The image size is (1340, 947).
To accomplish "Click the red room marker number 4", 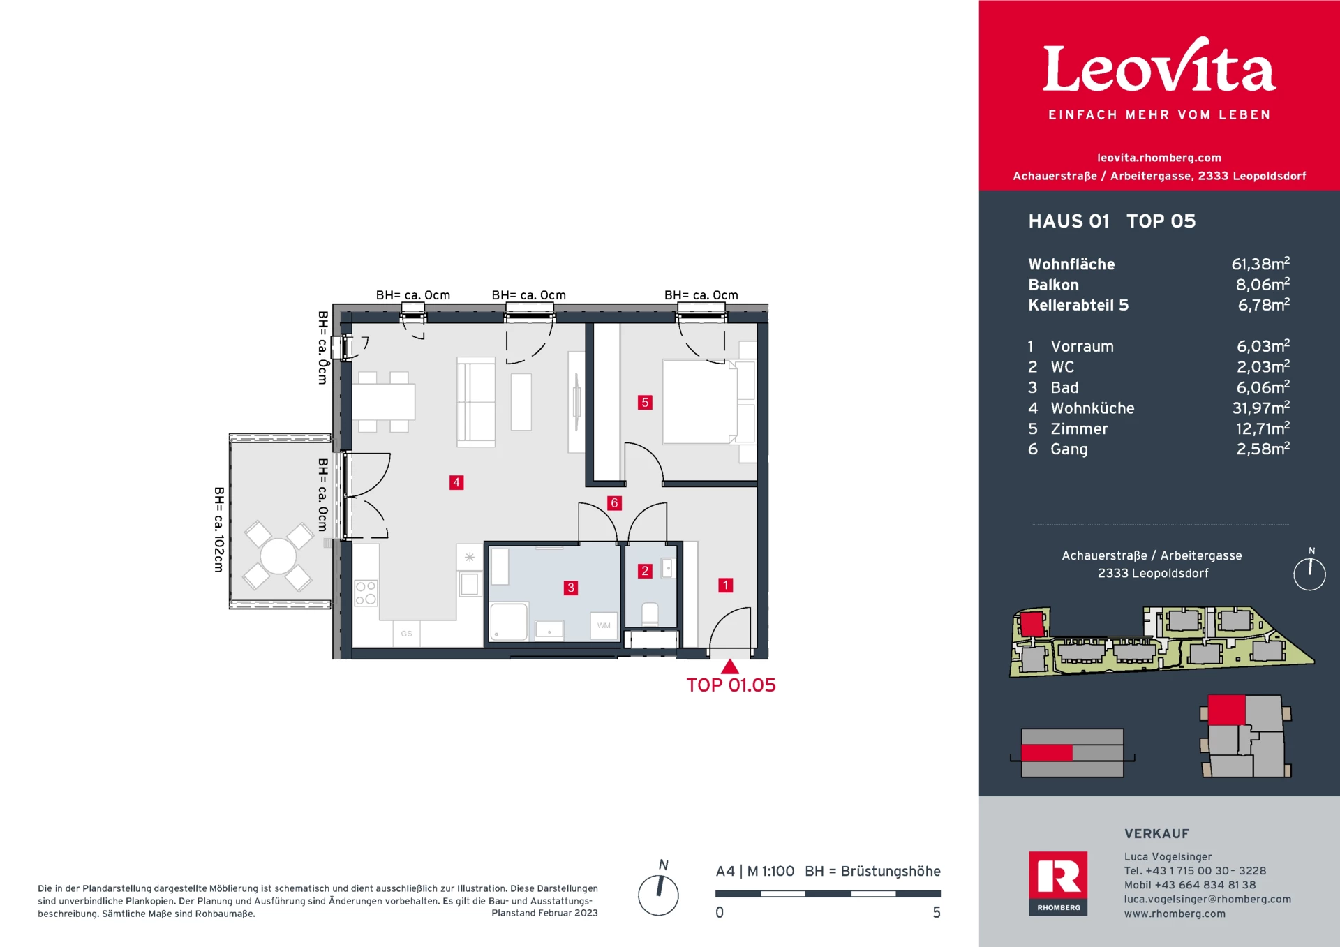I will [456, 482].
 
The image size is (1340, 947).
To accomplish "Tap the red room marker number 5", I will [645, 402].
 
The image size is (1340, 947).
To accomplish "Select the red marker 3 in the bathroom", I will [571, 588].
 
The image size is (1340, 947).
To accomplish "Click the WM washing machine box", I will [604, 625].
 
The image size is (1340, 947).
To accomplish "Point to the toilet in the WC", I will [650, 613].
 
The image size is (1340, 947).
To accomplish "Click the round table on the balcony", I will [278, 556].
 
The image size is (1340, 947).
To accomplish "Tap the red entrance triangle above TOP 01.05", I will [730, 667].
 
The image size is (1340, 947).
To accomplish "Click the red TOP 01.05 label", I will [731, 685].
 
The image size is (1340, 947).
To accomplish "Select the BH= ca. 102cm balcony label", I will [219, 530].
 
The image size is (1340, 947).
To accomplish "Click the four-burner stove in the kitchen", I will [366, 593].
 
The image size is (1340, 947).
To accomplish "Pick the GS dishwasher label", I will [406, 634].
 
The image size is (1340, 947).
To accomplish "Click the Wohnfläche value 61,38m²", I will [1260, 264].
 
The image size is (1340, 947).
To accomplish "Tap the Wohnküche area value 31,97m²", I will [1260, 408].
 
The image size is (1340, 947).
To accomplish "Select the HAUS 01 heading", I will [1069, 221].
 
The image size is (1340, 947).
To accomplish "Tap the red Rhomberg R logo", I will [1058, 877].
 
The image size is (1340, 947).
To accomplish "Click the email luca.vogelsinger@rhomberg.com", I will [1207, 899].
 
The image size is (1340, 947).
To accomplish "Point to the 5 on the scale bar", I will [937, 913].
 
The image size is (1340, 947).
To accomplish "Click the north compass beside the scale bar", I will [658, 895].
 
